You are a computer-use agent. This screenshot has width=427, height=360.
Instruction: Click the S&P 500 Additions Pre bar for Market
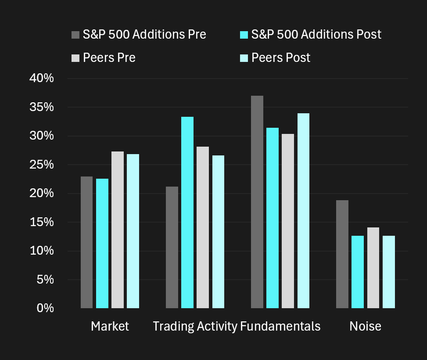86,242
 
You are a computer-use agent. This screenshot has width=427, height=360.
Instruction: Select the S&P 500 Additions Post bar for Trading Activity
187,212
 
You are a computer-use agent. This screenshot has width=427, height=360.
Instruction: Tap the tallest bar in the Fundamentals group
257,202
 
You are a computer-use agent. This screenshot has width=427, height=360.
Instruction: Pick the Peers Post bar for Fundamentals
303,210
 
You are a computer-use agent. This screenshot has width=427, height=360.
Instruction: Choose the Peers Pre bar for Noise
373,267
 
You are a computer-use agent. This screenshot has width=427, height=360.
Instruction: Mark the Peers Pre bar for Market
118,230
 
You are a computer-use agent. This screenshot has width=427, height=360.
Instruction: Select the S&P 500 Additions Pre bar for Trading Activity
172,247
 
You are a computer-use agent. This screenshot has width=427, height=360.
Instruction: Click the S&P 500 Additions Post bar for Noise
358,272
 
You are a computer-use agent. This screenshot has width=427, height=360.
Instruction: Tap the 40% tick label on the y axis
41,79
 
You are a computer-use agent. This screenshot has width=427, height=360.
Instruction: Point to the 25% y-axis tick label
41,165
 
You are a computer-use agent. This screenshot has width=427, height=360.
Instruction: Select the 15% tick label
41,223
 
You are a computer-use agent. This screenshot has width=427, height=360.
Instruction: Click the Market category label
110,326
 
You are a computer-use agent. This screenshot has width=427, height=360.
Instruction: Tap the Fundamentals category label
280,326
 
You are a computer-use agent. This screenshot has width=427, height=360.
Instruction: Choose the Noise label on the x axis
365,326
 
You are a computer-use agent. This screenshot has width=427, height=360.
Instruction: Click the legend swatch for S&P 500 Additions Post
244,34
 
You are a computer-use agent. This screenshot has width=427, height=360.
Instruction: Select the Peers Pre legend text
109,58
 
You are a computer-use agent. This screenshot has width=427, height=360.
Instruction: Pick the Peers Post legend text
281,58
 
